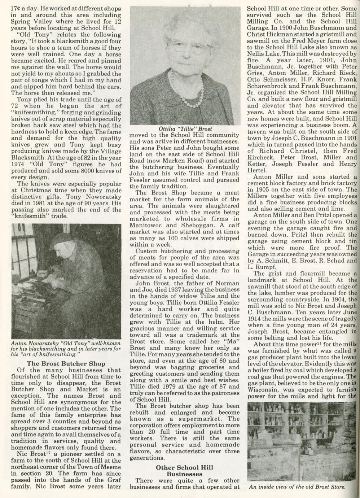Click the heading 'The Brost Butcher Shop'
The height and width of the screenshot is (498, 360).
[66, 363]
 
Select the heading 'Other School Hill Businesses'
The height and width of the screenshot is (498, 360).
[184, 470]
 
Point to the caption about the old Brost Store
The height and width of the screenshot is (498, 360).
[297, 486]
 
